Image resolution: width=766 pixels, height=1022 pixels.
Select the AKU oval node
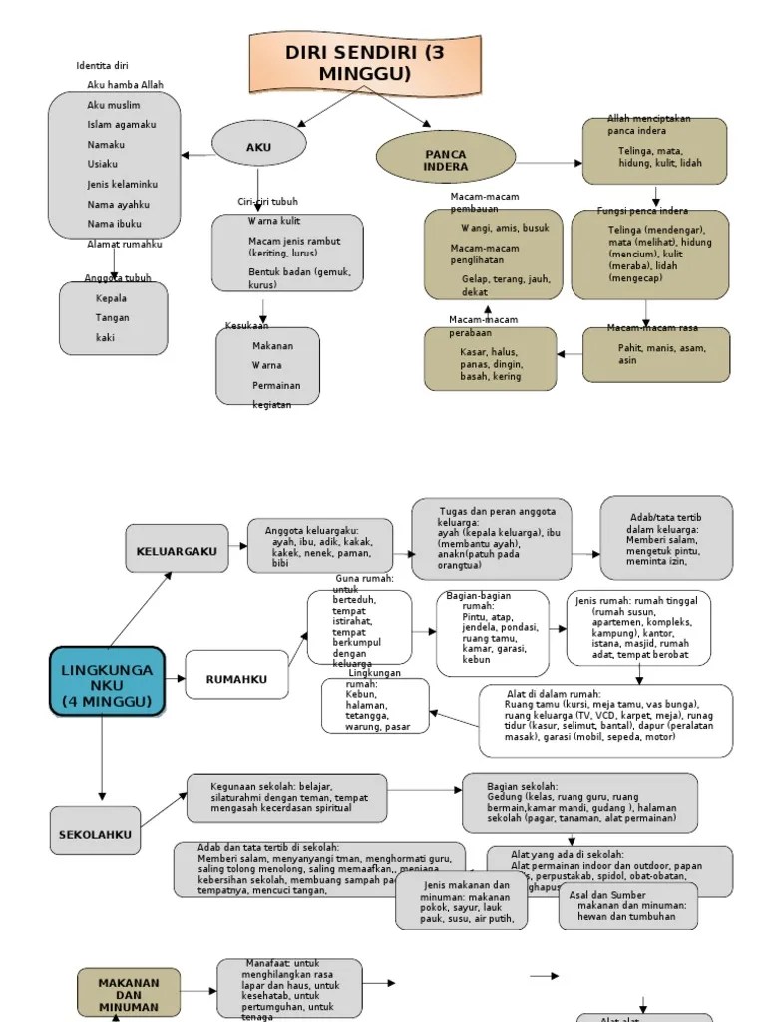click(x=258, y=148)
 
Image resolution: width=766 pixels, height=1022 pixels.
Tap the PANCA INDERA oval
click(x=446, y=160)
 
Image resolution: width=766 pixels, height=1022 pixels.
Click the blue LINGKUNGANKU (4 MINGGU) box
click(x=107, y=680)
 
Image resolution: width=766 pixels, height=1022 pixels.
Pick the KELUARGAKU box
click(x=177, y=549)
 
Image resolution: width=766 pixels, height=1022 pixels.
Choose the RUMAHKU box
click(x=236, y=680)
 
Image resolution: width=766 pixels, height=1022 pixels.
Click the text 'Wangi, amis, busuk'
click(x=505, y=228)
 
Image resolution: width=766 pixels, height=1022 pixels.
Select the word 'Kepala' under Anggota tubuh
click(x=112, y=298)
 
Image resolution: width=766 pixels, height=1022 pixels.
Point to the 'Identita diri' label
click(x=103, y=66)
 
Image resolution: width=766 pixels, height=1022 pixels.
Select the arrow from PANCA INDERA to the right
click(x=550, y=162)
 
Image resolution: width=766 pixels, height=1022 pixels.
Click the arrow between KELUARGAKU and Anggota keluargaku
click(x=238, y=548)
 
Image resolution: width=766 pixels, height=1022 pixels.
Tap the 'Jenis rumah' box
click(x=638, y=628)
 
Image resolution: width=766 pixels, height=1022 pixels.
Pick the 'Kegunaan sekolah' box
click(x=286, y=798)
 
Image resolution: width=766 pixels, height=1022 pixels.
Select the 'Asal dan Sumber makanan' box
click(x=627, y=904)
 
